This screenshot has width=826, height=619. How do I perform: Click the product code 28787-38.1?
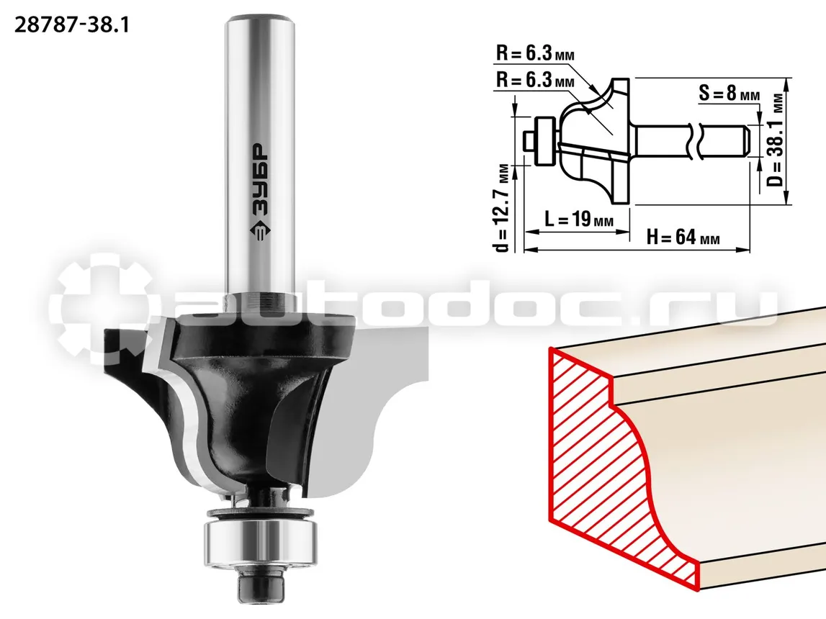coord(71,24)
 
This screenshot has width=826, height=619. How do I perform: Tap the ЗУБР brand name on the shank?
coord(259,179)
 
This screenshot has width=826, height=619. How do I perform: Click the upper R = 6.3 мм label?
coord(535,53)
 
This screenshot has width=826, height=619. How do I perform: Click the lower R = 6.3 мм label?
coord(535,79)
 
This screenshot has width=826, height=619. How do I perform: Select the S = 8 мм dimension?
coord(729,93)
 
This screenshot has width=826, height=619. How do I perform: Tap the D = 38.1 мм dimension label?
coord(777,140)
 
